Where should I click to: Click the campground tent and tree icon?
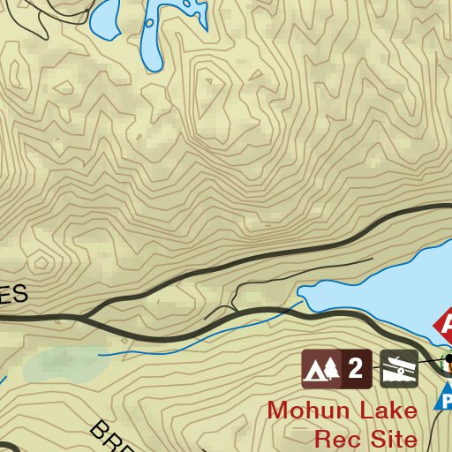[x=320, y=368]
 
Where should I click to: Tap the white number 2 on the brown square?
[x=355, y=368]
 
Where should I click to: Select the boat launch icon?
[x=399, y=368]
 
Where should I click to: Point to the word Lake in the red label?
[x=384, y=411]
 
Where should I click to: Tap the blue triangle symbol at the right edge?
[x=446, y=397]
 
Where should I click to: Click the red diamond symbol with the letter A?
[x=447, y=324]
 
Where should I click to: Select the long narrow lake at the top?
[x=151, y=35]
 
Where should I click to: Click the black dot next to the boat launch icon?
[x=448, y=359]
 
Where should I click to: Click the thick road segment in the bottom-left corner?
[x=7, y=446]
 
